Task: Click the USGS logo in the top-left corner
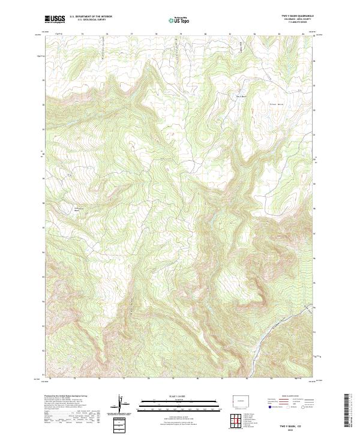[55, 20]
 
